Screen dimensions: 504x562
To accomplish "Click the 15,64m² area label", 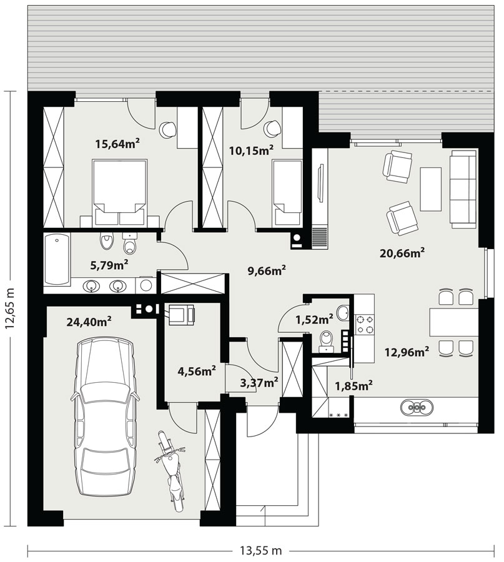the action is [x=117, y=144].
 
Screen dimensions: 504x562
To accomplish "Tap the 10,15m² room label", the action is [x=251, y=150].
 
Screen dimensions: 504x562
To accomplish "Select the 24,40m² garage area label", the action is [x=89, y=322].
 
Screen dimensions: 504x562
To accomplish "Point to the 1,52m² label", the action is [x=314, y=318].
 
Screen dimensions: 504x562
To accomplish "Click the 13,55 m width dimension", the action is [x=260, y=550].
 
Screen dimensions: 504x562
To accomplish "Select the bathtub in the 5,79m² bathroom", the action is [x=57, y=259].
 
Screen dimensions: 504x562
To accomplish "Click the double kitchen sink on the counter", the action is [x=417, y=407].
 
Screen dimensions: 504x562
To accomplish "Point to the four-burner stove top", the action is [x=365, y=324].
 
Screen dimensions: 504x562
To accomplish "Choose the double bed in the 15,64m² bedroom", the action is [x=120, y=193].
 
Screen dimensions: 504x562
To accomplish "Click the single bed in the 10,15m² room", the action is [x=287, y=193].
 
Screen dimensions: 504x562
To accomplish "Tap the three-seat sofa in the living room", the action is [x=463, y=189].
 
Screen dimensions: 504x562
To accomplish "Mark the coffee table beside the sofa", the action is [x=430, y=189].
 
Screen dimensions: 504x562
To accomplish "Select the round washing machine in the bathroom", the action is [x=146, y=285].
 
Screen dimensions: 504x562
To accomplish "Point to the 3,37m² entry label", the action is [x=259, y=383].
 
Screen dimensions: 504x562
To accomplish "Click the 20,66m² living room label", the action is [x=402, y=253].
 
